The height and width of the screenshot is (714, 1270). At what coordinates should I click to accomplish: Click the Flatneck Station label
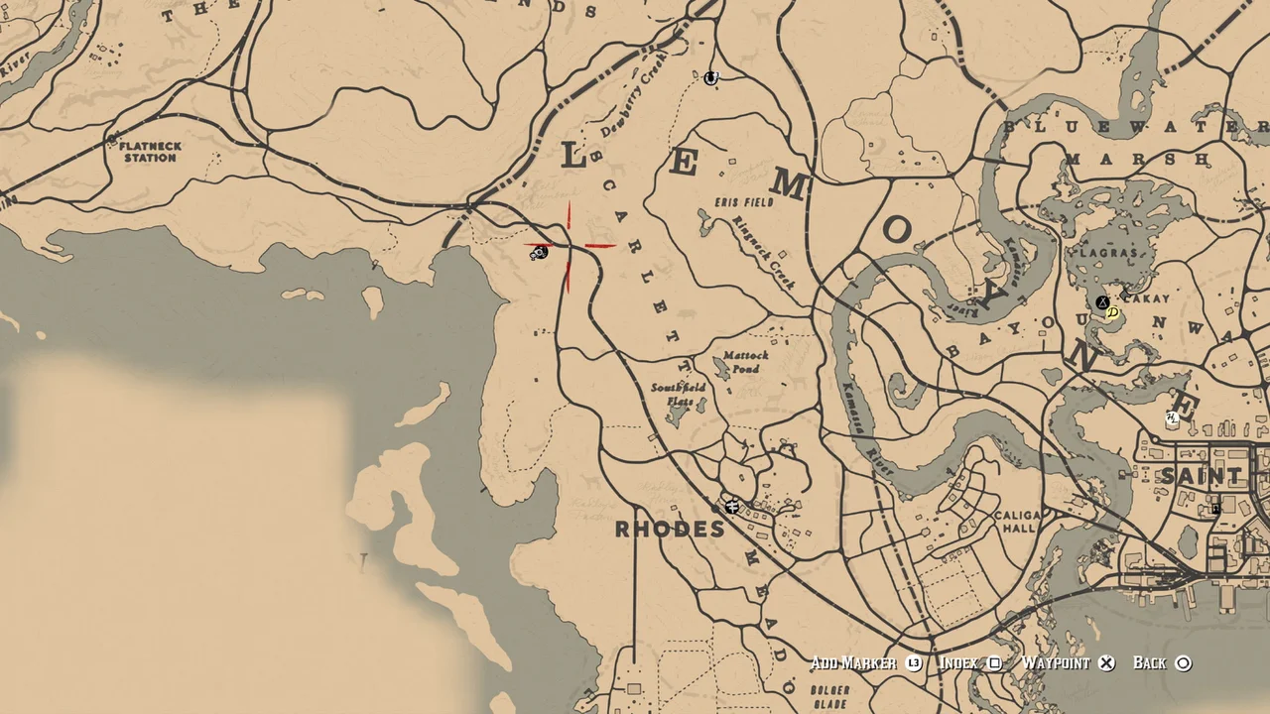click(x=151, y=152)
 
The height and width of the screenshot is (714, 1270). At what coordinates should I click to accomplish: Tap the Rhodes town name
click(x=670, y=529)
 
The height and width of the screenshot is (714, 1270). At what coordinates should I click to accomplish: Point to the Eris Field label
click(x=744, y=202)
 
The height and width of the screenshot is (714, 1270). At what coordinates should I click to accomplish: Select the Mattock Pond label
click(x=745, y=362)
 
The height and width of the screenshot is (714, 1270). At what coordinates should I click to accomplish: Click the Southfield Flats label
click(x=680, y=394)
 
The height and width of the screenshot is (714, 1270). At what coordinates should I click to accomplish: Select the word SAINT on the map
click(x=1201, y=477)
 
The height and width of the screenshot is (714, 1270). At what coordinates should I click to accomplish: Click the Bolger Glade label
click(x=829, y=696)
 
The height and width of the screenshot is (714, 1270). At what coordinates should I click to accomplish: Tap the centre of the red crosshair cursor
click(x=569, y=246)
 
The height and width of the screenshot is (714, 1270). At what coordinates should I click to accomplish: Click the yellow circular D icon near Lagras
click(x=1112, y=312)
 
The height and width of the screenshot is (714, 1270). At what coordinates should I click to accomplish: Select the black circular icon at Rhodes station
click(x=732, y=508)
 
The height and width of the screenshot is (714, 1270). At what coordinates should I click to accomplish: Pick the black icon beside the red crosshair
click(x=539, y=254)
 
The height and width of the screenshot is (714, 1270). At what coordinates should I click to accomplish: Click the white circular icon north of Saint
click(x=1173, y=418)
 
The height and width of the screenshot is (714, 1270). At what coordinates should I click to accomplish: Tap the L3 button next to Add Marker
click(x=914, y=663)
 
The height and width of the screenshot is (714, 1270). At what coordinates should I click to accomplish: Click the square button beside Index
click(x=994, y=663)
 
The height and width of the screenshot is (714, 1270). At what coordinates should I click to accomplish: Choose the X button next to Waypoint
click(x=1106, y=663)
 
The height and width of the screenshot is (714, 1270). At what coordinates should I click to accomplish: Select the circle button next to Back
click(x=1183, y=663)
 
